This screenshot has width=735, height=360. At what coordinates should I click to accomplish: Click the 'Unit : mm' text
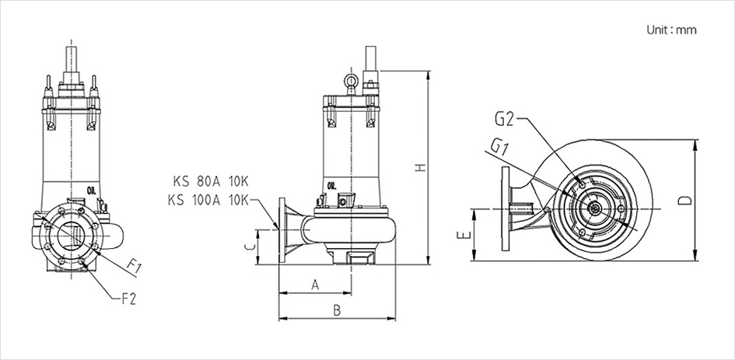pyautogui.click(x=671, y=30)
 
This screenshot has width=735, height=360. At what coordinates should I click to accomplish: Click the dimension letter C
pyautogui.click(x=248, y=246)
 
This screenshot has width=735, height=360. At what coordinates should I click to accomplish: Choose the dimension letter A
pyautogui.click(x=314, y=285)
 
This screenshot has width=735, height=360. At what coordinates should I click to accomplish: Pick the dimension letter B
pyautogui.click(x=337, y=310)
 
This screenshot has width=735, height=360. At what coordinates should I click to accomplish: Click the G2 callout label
pyautogui.click(x=504, y=119)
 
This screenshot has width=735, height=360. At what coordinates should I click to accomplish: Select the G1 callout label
pyautogui.click(x=500, y=145)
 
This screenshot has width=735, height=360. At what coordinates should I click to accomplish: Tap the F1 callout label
pyautogui.click(x=135, y=267)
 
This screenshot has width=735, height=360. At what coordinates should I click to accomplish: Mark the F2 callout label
pyautogui.click(x=128, y=296)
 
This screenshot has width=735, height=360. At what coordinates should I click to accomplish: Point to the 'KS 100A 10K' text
pyautogui.click(x=206, y=200)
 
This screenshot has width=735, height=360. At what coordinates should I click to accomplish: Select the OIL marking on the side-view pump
pyautogui.click(x=333, y=185)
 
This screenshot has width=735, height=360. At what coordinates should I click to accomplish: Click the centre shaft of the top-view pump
pyautogui.click(x=595, y=208)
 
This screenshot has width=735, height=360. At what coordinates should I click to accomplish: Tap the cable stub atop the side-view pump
pyautogui.click(x=371, y=58)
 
